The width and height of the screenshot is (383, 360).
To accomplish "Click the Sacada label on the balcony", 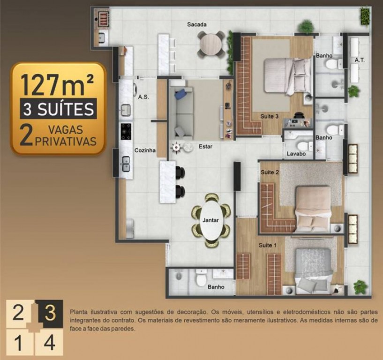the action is pyautogui.click(x=196, y=24).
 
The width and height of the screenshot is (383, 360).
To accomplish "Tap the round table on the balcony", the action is pyautogui.click(x=211, y=45).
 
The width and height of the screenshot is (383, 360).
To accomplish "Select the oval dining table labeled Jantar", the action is pyautogui.click(x=211, y=220).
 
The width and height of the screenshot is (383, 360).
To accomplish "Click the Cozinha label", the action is pyautogui.click(x=145, y=150).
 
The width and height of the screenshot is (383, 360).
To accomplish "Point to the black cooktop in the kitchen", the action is pyautogui.click(x=126, y=131).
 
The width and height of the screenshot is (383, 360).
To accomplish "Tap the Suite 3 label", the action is pyautogui.click(x=269, y=116).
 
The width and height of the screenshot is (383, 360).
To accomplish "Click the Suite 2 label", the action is pyautogui.click(x=270, y=172).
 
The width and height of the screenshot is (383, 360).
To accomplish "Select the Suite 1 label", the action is pyautogui.click(x=268, y=245).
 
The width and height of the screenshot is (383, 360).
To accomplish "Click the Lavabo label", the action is pyautogui.click(x=296, y=154).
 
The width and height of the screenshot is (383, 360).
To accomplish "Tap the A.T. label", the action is pyautogui.click(x=360, y=60).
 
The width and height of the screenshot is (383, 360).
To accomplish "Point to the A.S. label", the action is pyautogui.click(x=143, y=97).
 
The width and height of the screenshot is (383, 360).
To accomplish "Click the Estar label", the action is pyautogui.click(x=205, y=147).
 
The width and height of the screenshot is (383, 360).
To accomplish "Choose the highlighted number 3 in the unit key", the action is pyautogui.click(x=50, y=313).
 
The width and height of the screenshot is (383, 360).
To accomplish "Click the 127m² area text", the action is pyautogui.click(x=57, y=84).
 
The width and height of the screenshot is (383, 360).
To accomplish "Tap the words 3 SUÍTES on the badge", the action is pyautogui.click(x=59, y=109).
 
